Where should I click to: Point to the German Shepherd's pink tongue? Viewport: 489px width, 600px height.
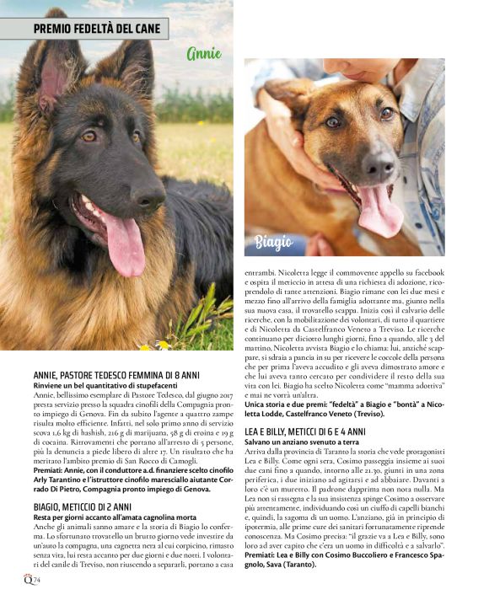124,244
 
